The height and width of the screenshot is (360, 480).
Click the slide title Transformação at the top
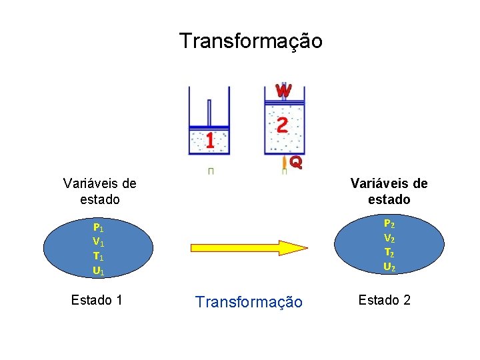click(x=251, y=41)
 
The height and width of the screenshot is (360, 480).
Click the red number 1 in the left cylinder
click(x=209, y=141)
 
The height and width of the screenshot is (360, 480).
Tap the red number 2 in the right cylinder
click(x=282, y=125)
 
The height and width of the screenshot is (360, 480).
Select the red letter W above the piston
click(x=283, y=89)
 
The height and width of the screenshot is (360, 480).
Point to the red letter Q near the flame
click(x=296, y=161)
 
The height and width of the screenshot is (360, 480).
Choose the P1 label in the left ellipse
click(x=98, y=227)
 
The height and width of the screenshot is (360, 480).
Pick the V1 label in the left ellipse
click(x=98, y=241)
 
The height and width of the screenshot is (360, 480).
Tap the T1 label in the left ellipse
click(x=98, y=256)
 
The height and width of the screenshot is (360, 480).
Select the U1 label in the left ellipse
click(x=98, y=271)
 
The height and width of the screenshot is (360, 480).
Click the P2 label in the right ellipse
click(x=388, y=224)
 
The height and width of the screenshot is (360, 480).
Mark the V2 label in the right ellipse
click(x=388, y=238)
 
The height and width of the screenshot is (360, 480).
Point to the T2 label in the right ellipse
click(x=388, y=252)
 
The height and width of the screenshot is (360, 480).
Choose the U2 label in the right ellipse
click(x=388, y=267)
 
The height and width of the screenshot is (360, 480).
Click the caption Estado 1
click(x=97, y=300)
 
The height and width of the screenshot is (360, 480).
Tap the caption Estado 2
click(x=384, y=300)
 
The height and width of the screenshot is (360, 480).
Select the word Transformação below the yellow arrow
click(x=249, y=302)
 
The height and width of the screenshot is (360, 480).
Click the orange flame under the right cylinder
click(x=285, y=163)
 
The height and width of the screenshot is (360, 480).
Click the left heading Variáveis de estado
click(x=99, y=191)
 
